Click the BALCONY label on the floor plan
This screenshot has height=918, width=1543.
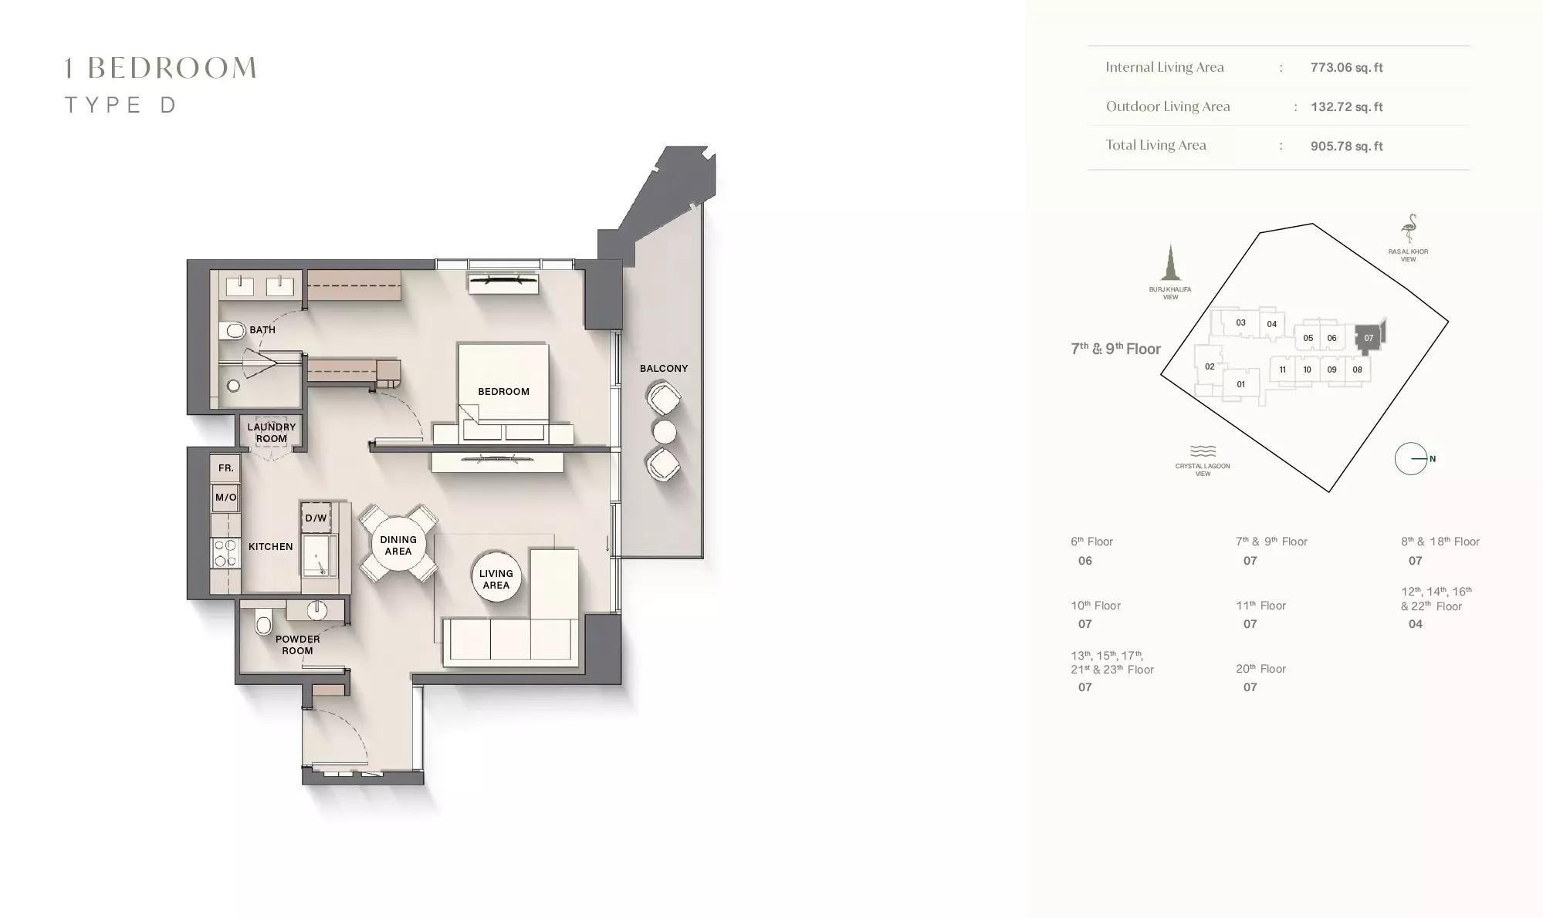pos(664,368)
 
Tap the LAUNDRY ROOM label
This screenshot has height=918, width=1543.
pos(272,433)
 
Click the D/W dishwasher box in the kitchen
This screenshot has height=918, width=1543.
pos(316,518)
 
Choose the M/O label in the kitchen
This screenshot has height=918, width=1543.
pos(226,498)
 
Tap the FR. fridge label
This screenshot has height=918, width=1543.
pos(225,468)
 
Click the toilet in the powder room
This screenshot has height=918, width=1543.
pos(264,621)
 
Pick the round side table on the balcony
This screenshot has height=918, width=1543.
pos(664,432)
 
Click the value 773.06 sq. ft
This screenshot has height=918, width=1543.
pos(1346,68)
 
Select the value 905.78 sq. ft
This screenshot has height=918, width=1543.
pos(1346,147)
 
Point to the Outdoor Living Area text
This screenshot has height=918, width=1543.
pos(1168,106)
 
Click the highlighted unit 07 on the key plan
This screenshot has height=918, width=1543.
pos(1369,338)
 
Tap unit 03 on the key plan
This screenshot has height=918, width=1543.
pos(1240,323)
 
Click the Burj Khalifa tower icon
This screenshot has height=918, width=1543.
pos(1171,262)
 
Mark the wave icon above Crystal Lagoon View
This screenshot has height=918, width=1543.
pos(1203,451)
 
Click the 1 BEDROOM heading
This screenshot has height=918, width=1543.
pos(161,68)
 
